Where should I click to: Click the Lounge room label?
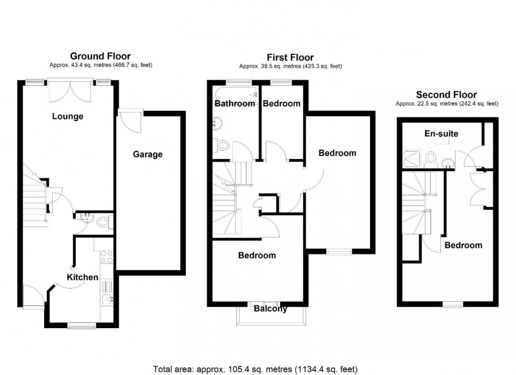pos(67,116)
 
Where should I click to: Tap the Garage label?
pos(147,154)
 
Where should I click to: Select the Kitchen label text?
pos(82,277)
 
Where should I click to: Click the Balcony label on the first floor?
pos(270,309)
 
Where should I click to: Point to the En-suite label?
pos(441,134)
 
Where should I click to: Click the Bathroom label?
pos(234,104)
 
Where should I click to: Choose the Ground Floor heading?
pos(100,56)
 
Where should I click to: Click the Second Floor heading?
pos(446,95)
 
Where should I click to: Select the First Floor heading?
pos(290,57)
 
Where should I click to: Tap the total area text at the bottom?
pos(258,369)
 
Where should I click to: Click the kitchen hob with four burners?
pos(106,256)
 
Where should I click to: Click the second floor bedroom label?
pos(463,245)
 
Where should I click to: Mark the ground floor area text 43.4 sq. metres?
pos(100,65)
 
